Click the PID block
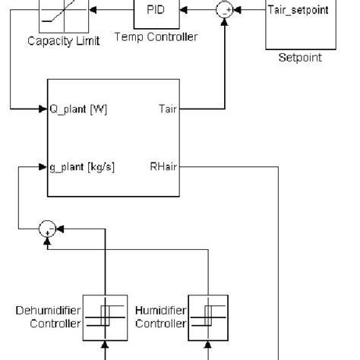(x=155, y=11)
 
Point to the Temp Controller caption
(x=155, y=36)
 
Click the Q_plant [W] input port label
(x=78, y=109)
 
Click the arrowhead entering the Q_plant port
(x=43, y=109)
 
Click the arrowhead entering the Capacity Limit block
(x=93, y=11)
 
